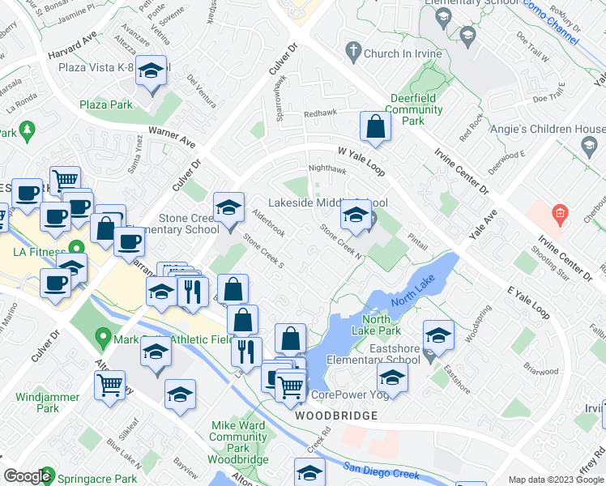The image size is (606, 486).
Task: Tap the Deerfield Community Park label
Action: tap(413, 109)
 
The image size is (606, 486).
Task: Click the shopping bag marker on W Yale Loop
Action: tap(376, 126)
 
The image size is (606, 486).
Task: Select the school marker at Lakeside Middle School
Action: tap(355, 215)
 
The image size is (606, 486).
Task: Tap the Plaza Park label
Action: tap(106, 104)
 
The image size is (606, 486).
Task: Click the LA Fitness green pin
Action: tap(77, 248)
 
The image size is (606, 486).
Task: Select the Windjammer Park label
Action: tap(48, 403)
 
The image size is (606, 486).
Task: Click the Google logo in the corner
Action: tap(28, 477)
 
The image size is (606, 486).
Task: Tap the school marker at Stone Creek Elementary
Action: tap(228, 208)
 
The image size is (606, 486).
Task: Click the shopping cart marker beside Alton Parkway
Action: tap(109, 384)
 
